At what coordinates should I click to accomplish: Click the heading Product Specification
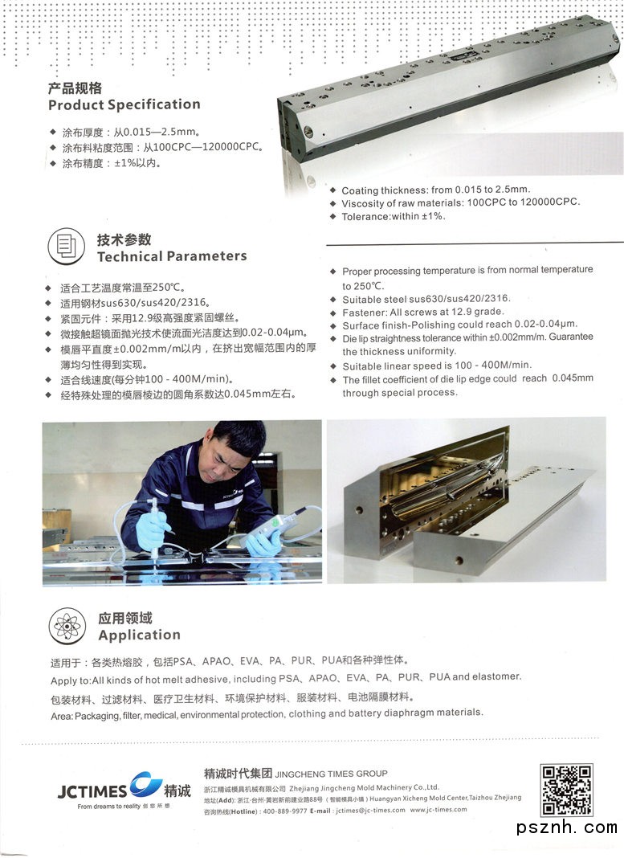point(124,104)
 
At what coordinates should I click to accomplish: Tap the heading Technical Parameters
point(172,256)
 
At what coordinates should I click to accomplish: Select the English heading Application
point(139,635)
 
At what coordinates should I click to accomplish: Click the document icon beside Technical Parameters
point(66,247)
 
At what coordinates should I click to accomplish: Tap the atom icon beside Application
point(67,626)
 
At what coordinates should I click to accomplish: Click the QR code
point(566,791)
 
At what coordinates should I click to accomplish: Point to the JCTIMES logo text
point(92,791)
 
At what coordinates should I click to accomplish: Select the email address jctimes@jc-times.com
point(370,811)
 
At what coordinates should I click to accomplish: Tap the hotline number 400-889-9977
point(285,811)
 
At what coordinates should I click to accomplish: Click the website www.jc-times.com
point(438,810)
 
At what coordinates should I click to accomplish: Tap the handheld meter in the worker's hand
point(271,527)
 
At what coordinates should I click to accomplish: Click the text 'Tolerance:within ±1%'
point(394,217)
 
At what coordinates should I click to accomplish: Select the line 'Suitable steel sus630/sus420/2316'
point(426,299)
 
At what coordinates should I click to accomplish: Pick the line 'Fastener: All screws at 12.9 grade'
point(422,312)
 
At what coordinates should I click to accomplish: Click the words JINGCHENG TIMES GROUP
point(331,774)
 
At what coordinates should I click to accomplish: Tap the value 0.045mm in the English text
point(573,378)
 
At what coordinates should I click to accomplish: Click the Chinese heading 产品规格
point(75,88)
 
